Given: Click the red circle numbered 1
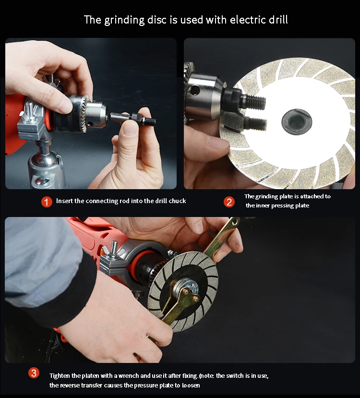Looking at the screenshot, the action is [47, 202].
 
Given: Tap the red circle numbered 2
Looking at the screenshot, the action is [229, 202].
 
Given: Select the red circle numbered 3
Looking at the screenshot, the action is [34, 373].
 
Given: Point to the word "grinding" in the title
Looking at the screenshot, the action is [124, 20].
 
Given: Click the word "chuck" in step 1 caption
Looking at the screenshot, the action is [177, 201].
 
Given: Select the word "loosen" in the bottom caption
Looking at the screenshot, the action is [191, 386].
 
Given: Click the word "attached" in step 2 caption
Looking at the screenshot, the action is [312, 196].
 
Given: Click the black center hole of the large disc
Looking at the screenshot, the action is [296, 122].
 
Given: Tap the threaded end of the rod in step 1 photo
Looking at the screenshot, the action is [151, 121].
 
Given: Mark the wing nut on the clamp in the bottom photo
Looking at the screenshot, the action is [114, 251].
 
